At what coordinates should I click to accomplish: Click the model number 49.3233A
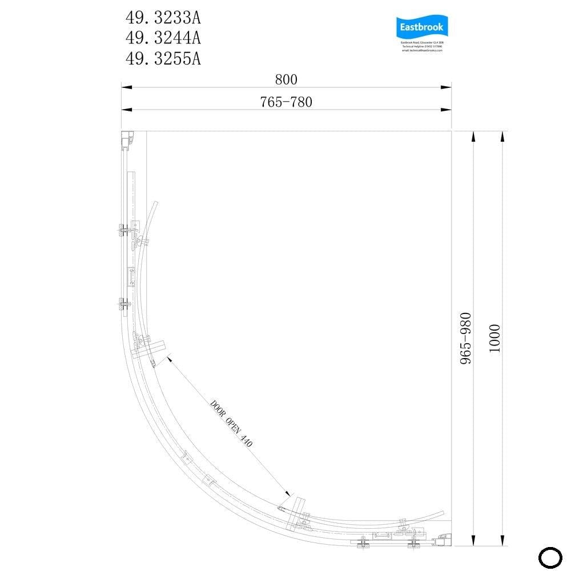[x=163, y=18]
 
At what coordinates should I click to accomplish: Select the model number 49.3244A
[x=163, y=38]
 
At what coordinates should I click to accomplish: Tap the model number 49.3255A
[x=163, y=58]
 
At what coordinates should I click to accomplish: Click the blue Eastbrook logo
[x=423, y=27]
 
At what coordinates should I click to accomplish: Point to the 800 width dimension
[x=286, y=80]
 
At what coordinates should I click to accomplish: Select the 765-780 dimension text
[x=286, y=102]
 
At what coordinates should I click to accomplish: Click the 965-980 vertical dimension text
[x=467, y=339]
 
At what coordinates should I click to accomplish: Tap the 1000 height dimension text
[x=494, y=339]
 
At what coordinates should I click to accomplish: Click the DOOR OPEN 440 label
[x=231, y=424]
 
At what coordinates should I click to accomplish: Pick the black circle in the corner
[x=551, y=557]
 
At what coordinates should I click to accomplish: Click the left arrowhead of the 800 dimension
[x=126, y=87]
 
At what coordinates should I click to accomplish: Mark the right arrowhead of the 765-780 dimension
[x=447, y=109]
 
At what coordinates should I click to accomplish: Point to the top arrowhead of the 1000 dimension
[x=502, y=136]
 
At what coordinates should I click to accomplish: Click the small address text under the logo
[x=423, y=46]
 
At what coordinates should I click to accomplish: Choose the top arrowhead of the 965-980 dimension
[x=473, y=136]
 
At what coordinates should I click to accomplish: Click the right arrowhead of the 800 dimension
[x=447, y=87]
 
